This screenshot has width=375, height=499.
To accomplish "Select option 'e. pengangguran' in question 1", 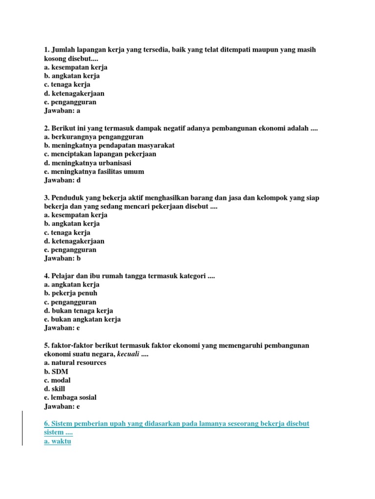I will click(70, 102).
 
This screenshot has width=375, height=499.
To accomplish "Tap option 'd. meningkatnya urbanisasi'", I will click(87, 163).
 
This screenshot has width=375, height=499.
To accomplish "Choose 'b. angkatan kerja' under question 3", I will click(71, 224).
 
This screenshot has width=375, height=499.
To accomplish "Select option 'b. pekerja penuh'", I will click(70, 293).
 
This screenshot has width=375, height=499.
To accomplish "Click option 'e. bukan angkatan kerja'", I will click(82, 320).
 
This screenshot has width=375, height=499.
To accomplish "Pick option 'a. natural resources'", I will click(75, 363).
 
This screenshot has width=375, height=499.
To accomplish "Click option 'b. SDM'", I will click(56, 372).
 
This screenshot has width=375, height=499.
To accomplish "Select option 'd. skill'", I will click(54, 389).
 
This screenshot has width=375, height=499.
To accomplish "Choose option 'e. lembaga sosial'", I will click(70, 398).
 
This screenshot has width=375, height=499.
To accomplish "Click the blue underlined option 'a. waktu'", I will click(58, 441).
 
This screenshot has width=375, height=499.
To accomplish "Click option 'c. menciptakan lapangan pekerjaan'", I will click(100, 154).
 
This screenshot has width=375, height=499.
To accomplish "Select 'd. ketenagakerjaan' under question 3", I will click(74, 241).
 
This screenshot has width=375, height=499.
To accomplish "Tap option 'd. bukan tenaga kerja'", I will click(78, 311).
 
